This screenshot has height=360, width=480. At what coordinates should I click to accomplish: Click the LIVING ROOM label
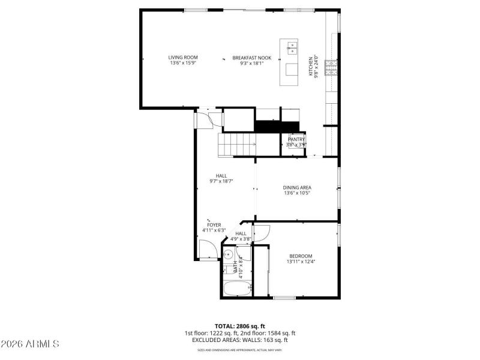click(x=183, y=58)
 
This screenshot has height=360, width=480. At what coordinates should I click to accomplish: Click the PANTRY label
click(x=296, y=139)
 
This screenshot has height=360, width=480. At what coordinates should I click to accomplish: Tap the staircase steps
click(x=237, y=145)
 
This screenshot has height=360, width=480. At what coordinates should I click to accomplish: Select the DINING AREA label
click(x=297, y=187)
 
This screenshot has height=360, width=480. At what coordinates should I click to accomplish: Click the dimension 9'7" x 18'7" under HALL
click(x=221, y=181)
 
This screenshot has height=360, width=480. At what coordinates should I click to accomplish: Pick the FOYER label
click(x=214, y=225)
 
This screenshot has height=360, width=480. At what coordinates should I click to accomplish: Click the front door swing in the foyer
click(x=208, y=248)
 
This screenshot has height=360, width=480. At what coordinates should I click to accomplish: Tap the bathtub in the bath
click(x=236, y=289)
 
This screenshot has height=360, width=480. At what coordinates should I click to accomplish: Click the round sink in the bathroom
click(x=229, y=254)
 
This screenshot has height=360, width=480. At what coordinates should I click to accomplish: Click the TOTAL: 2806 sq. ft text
click(x=239, y=326)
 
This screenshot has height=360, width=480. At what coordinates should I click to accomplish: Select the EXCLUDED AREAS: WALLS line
click(x=239, y=340)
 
